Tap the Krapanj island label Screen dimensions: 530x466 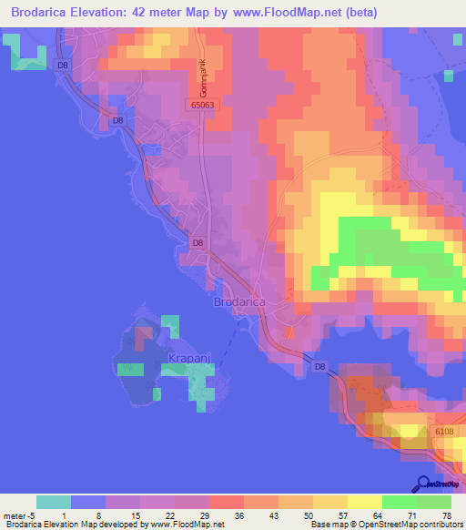[190, 361]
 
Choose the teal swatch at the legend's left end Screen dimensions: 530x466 [54, 501]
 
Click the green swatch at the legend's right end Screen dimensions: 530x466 [434, 501]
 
